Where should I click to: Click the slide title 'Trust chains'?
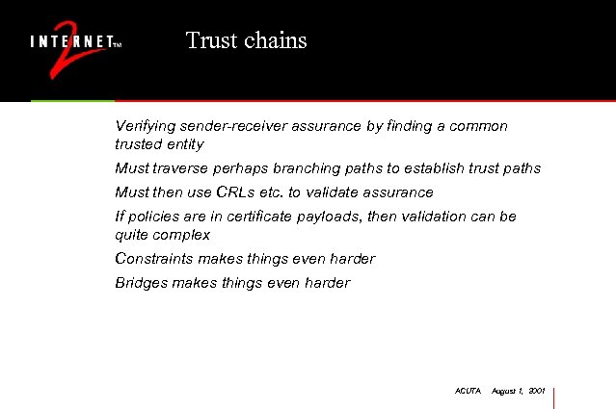click(246, 40)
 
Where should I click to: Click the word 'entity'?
click(185, 144)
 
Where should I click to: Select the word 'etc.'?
click(286, 192)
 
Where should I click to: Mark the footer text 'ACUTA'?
click(467, 392)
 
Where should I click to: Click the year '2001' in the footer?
click(536, 392)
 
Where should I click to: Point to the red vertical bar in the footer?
click(554, 396)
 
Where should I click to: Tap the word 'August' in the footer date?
click(505, 392)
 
